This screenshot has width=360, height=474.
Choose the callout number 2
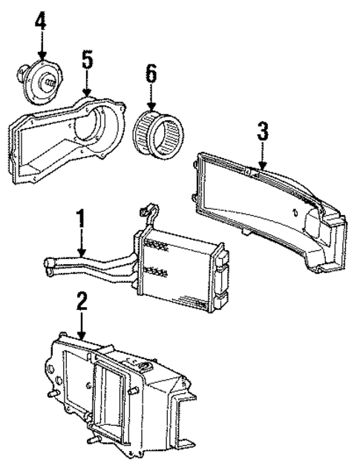(x=82, y=300)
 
